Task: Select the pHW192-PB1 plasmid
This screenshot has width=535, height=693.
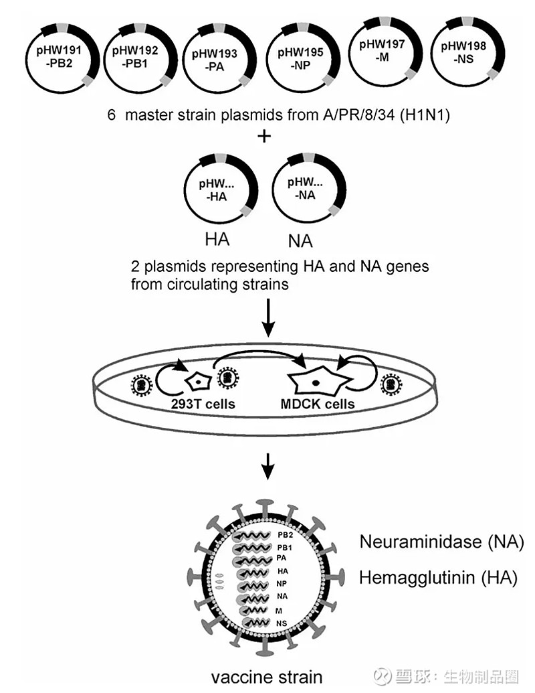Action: coord(137,56)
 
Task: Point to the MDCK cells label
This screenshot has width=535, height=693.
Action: coord(318,404)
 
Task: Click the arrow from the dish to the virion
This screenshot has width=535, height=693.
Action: coord(267,465)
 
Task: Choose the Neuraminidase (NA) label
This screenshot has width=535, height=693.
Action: coord(441,542)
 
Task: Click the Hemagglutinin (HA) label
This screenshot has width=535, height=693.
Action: coord(438,577)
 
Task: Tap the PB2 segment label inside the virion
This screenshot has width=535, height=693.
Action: coord(284,535)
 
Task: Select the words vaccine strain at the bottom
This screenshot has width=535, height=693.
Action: coord(267,676)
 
